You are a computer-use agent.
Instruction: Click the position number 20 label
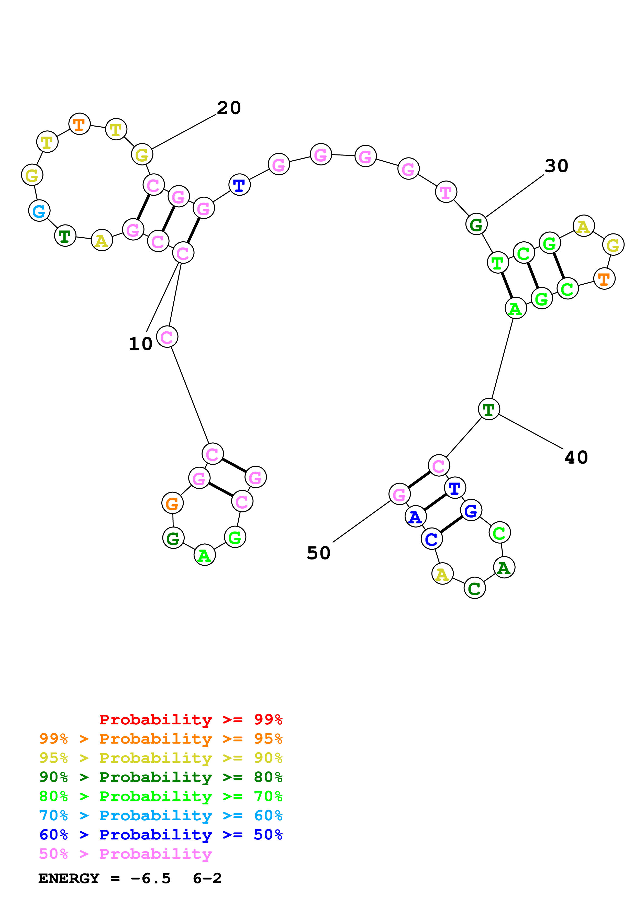tap(229, 108)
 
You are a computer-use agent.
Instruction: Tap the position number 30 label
tap(556, 166)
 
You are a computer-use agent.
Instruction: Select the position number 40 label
tap(576, 457)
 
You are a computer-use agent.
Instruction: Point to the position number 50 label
tap(318, 553)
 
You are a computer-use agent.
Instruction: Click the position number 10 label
tap(140, 344)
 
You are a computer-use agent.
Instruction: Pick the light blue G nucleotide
tap(39, 211)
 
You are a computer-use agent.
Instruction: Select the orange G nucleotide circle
tap(172, 503)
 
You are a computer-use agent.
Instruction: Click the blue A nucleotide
tap(415, 517)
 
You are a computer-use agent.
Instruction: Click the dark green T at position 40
tap(489, 409)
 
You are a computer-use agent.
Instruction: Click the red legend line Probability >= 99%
tap(191, 720)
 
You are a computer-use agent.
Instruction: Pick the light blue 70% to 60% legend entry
tap(161, 816)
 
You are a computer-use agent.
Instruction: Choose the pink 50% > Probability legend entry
tap(125, 854)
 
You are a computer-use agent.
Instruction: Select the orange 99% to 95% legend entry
tap(161, 739)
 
